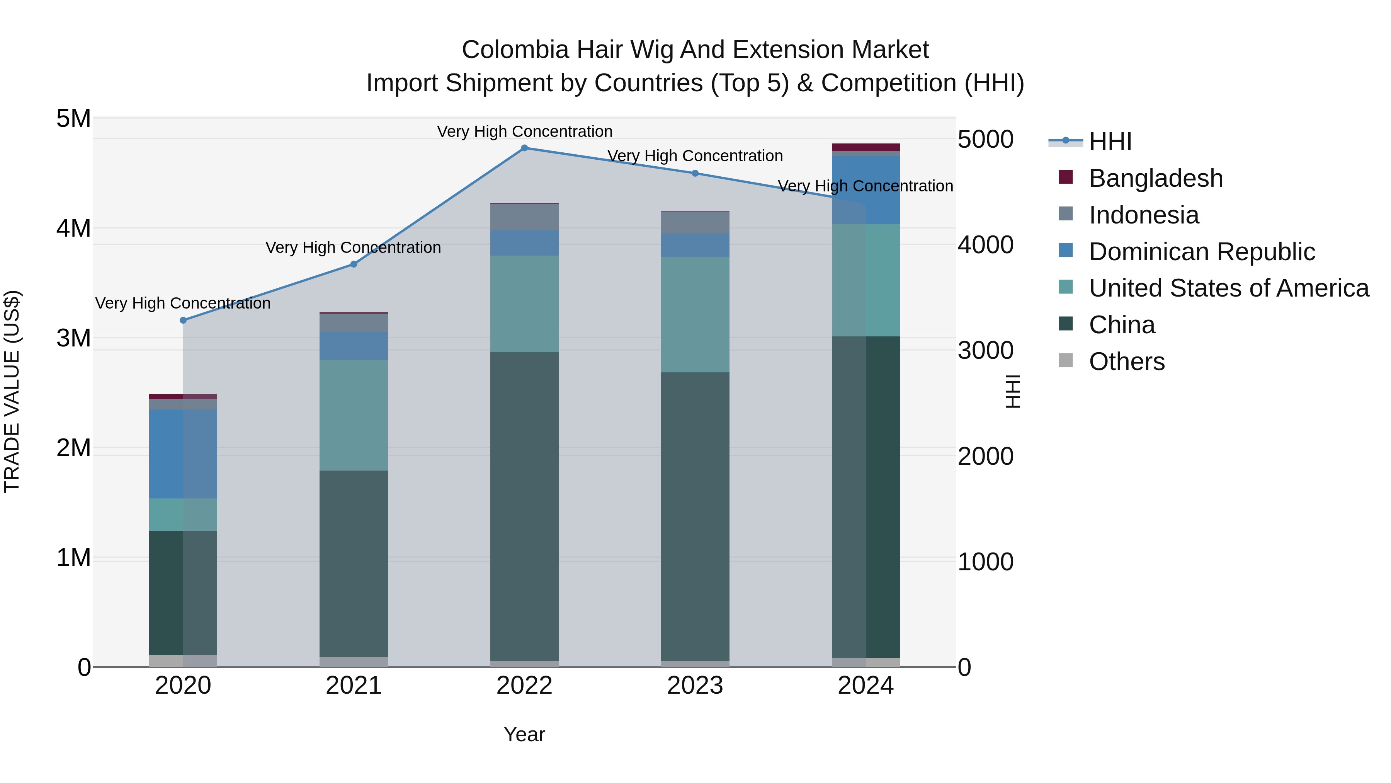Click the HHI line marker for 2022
pos(524,148)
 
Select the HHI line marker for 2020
pos(183,321)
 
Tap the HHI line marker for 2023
pos(695,174)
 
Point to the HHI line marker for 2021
pos(354,264)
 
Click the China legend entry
pos(1122,325)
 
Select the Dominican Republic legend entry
pos(1201,252)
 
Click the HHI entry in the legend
pos(1110,142)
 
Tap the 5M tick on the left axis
pos(73,119)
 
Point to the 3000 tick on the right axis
pos(985,351)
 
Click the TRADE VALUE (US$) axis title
pos(12,392)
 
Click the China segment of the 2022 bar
pos(524,506)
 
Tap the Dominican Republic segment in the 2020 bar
pos(183,454)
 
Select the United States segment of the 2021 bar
pos(354,415)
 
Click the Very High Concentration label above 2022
pos(524,132)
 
